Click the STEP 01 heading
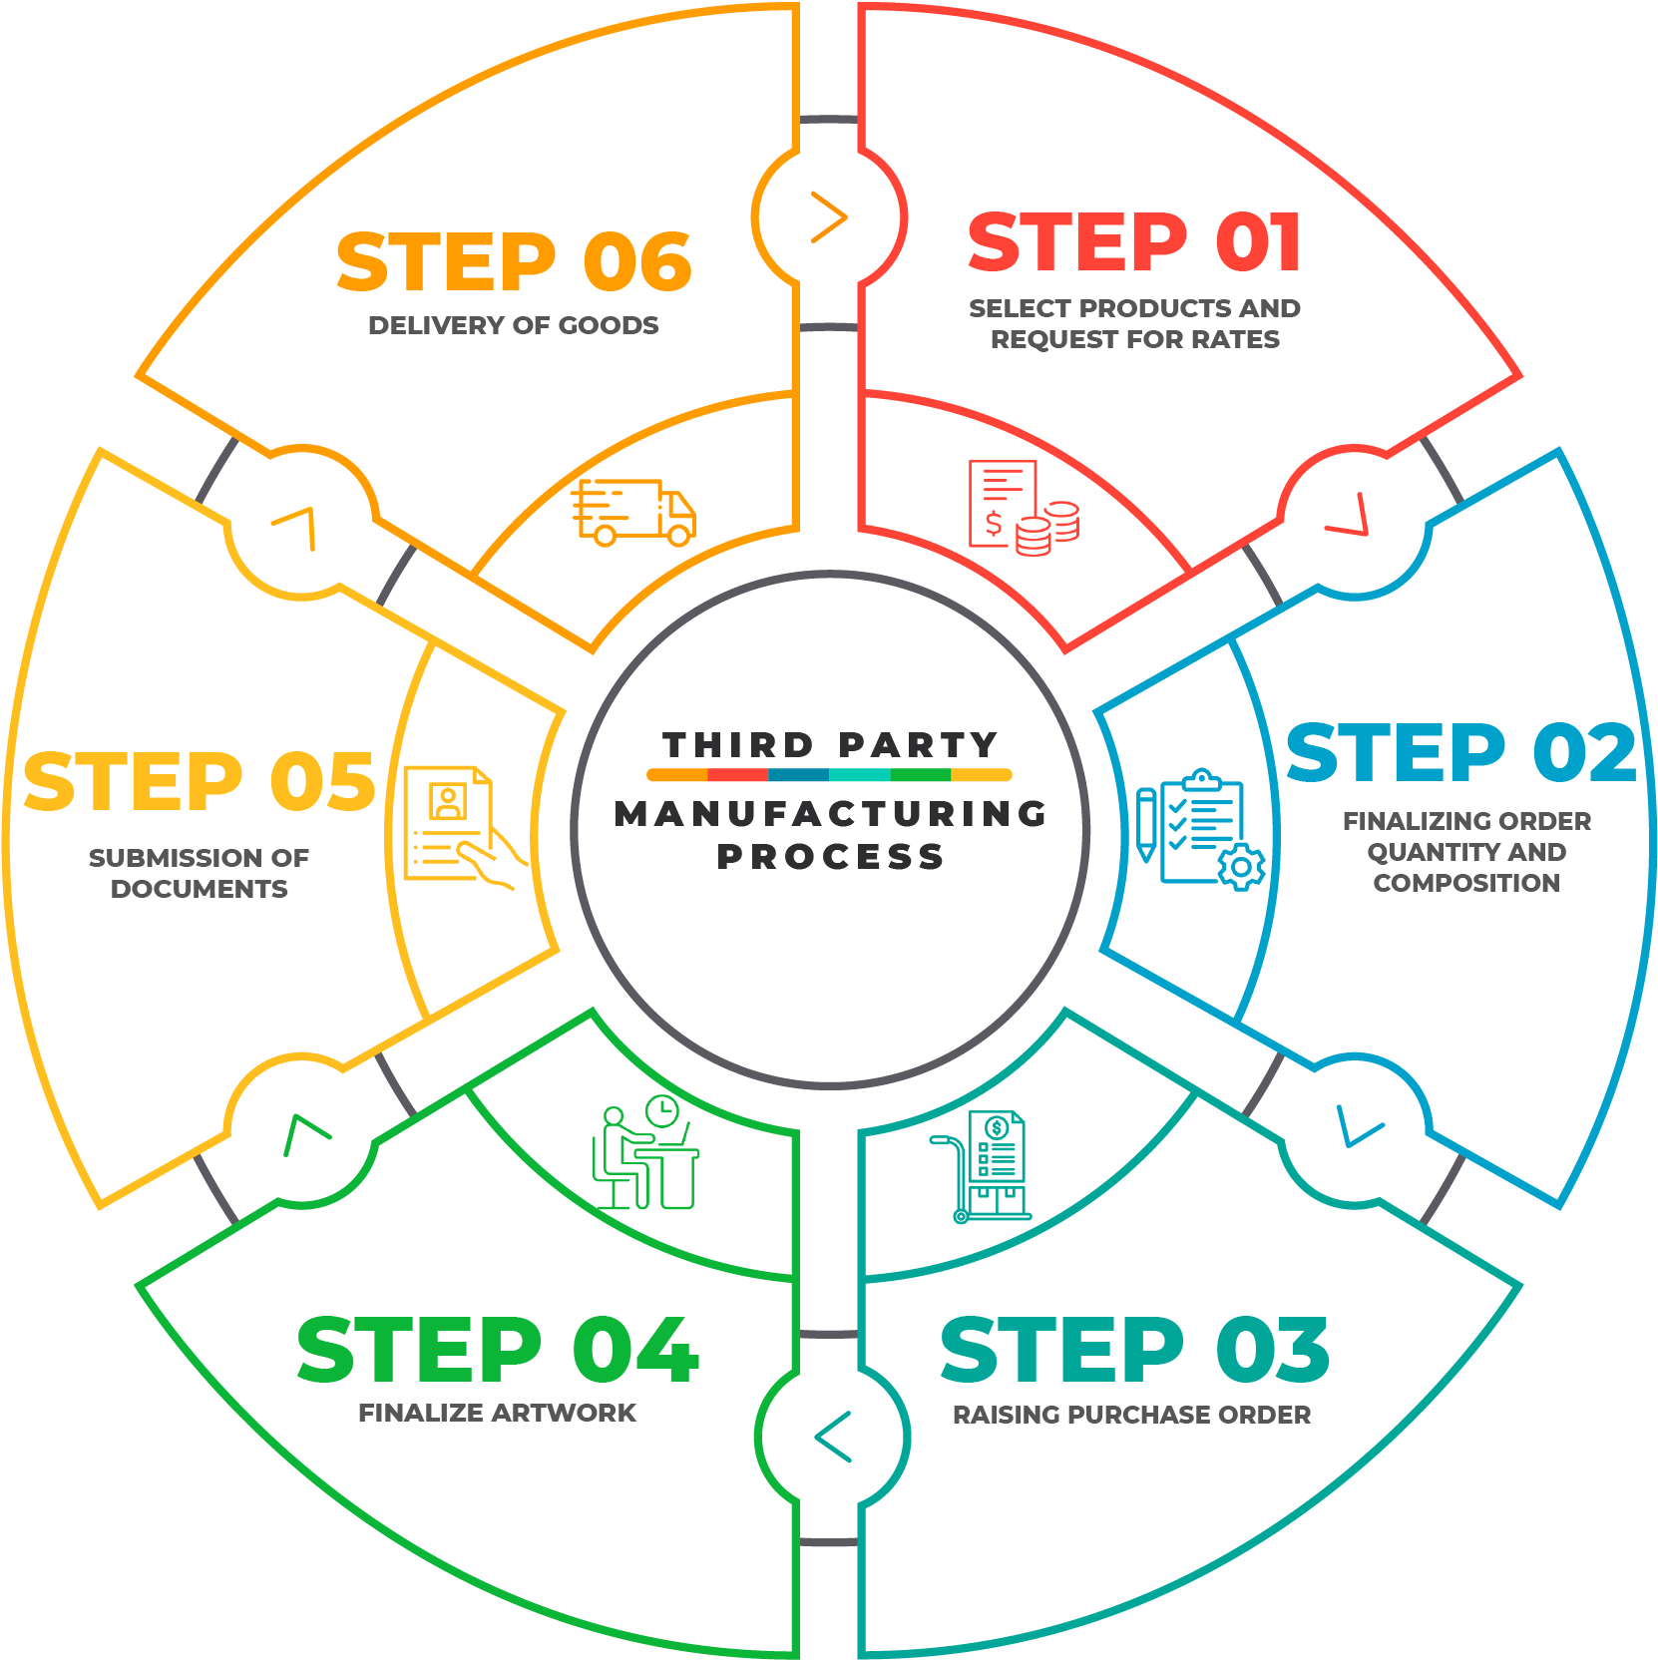pyautogui.click(x=1134, y=242)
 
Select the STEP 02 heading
pyautogui.click(x=1461, y=753)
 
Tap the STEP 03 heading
pyautogui.click(x=1134, y=1350)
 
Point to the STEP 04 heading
pyautogui.click(x=498, y=1350)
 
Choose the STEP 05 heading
pyautogui.click(x=199, y=781)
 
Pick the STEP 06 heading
pyautogui.click(x=514, y=262)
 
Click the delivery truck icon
pyautogui.click(x=633, y=512)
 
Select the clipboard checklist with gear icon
pyautogui.click(x=1200, y=828)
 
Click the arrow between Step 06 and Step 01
pyautogui.click(x=829, y=217)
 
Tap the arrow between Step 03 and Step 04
pyautogui.click(x=833, y=1437)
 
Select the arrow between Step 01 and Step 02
pyautogui.click(x=1349, y=517)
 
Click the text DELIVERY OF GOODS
pyautogui.click(x=514, y=325)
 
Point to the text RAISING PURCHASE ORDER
pyautogui.click(x=1132, y=1415)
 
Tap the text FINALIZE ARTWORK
pyautogui.click(x=497, y=1413)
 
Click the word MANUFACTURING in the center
pyautogui.click(x=830, y=814)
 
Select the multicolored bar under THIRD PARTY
pyautogui.click(x=830, y=774)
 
